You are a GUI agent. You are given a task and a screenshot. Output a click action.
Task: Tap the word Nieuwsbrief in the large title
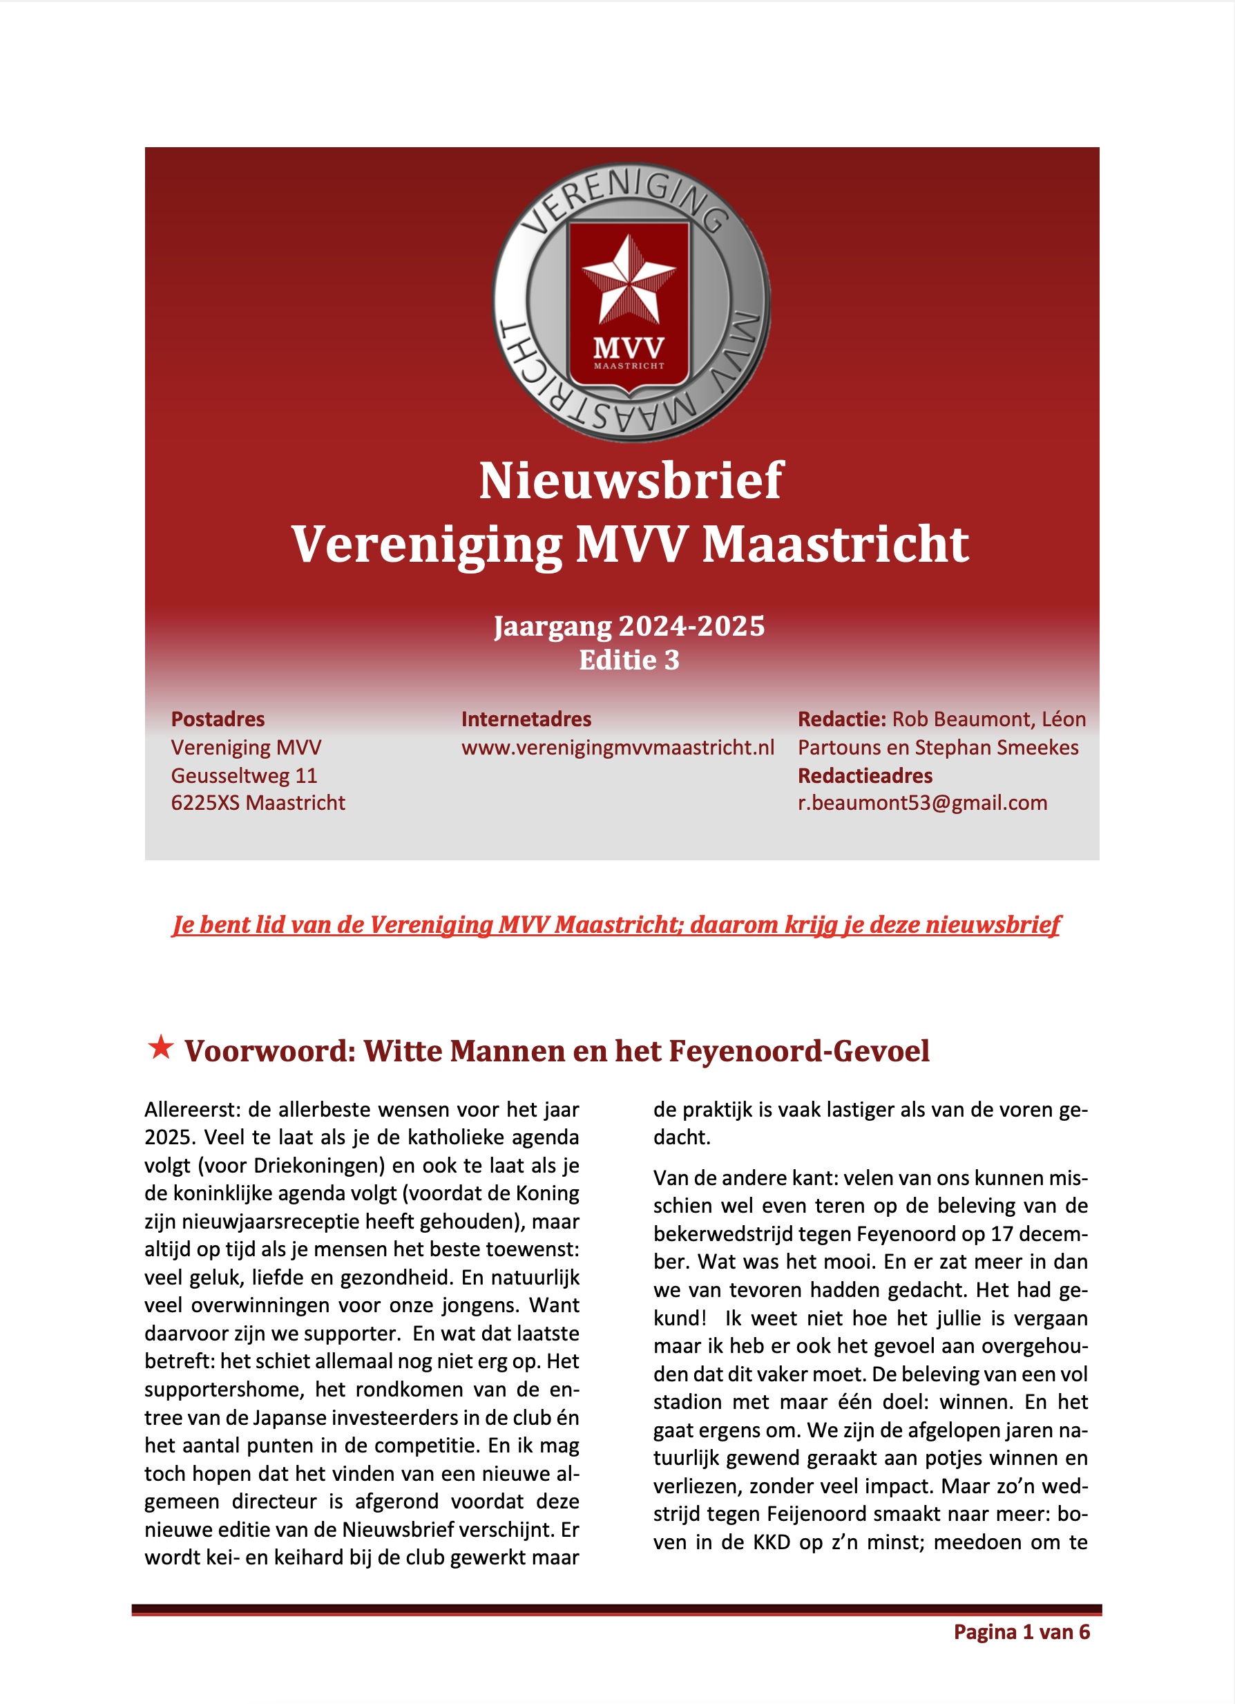(631, 481)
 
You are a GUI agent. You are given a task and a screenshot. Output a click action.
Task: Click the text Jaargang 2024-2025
(629, 626)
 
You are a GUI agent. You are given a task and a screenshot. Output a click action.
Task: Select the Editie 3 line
(629, 661)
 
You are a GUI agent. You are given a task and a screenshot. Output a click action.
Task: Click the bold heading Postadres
(218, 719)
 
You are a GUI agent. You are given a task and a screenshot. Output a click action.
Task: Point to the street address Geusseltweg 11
(244, 775)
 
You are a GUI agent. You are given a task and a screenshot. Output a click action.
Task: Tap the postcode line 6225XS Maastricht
(258, 802)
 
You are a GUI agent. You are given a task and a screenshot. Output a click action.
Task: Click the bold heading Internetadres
(526, 719)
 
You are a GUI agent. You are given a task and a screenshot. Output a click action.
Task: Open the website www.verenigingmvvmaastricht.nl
(617, 748)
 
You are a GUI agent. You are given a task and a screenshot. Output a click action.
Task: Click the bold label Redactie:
(841, 719)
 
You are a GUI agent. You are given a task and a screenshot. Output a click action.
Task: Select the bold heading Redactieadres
(865, 775)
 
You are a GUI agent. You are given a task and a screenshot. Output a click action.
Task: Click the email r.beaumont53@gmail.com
(921, 802)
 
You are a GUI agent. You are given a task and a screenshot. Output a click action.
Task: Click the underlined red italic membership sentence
(616, 925)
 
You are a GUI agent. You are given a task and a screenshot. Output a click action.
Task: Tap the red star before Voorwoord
(161, 1047)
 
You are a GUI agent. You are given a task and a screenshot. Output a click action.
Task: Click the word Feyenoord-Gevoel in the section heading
(798, 1051)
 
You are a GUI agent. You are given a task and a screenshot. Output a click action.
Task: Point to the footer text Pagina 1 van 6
(1021, 1632)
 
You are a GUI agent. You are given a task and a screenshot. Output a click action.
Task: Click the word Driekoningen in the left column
(319, 1165)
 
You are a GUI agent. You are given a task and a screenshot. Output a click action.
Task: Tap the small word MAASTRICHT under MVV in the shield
(629, 366)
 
